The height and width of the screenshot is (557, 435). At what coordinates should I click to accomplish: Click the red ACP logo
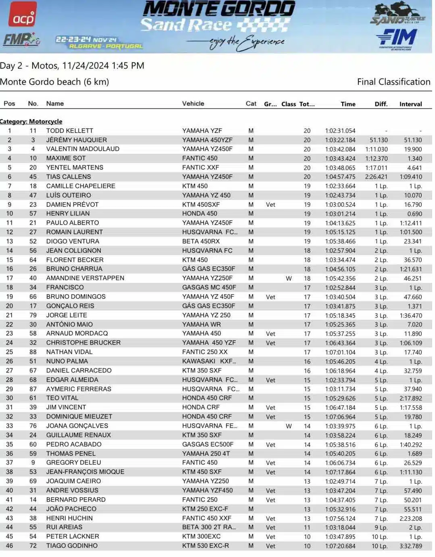(x=23, y=15)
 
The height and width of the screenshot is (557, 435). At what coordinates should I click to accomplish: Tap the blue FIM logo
(x=397, y=38)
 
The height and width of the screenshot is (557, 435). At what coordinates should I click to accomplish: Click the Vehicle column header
(x=193, y=104)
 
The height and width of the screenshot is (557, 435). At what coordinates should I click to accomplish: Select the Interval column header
(x=410, y=104)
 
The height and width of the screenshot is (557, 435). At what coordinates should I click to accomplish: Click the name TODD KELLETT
(x=69, y=131)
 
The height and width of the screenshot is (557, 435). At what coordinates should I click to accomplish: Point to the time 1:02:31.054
(x=340, y=131)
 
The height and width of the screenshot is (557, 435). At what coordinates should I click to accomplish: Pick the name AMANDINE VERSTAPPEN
(x=85, y=278)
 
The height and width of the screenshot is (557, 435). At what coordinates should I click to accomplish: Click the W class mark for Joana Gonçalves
(x=289, y=426)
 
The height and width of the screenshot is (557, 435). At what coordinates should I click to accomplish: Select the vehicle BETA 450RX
(x=201, y=241)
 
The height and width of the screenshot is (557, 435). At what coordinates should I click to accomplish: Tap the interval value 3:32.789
(x=410, y=546)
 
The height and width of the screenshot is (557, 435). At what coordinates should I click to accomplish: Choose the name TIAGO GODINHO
(x=72, y=546)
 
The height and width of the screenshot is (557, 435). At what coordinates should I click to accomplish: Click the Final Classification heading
(x=393, y=82)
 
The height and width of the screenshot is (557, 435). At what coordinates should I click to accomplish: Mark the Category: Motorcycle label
(x=31, y=121)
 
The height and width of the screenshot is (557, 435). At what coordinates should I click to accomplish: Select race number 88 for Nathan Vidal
(x=33, y=352)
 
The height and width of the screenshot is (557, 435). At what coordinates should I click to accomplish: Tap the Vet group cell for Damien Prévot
(x=271, y=205)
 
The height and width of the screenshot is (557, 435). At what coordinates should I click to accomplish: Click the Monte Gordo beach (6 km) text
(x=54, y=82)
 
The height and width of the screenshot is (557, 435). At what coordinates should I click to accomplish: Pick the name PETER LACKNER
(x=73, y=536)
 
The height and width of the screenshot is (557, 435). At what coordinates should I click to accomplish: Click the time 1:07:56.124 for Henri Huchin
(x=340, y=518)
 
